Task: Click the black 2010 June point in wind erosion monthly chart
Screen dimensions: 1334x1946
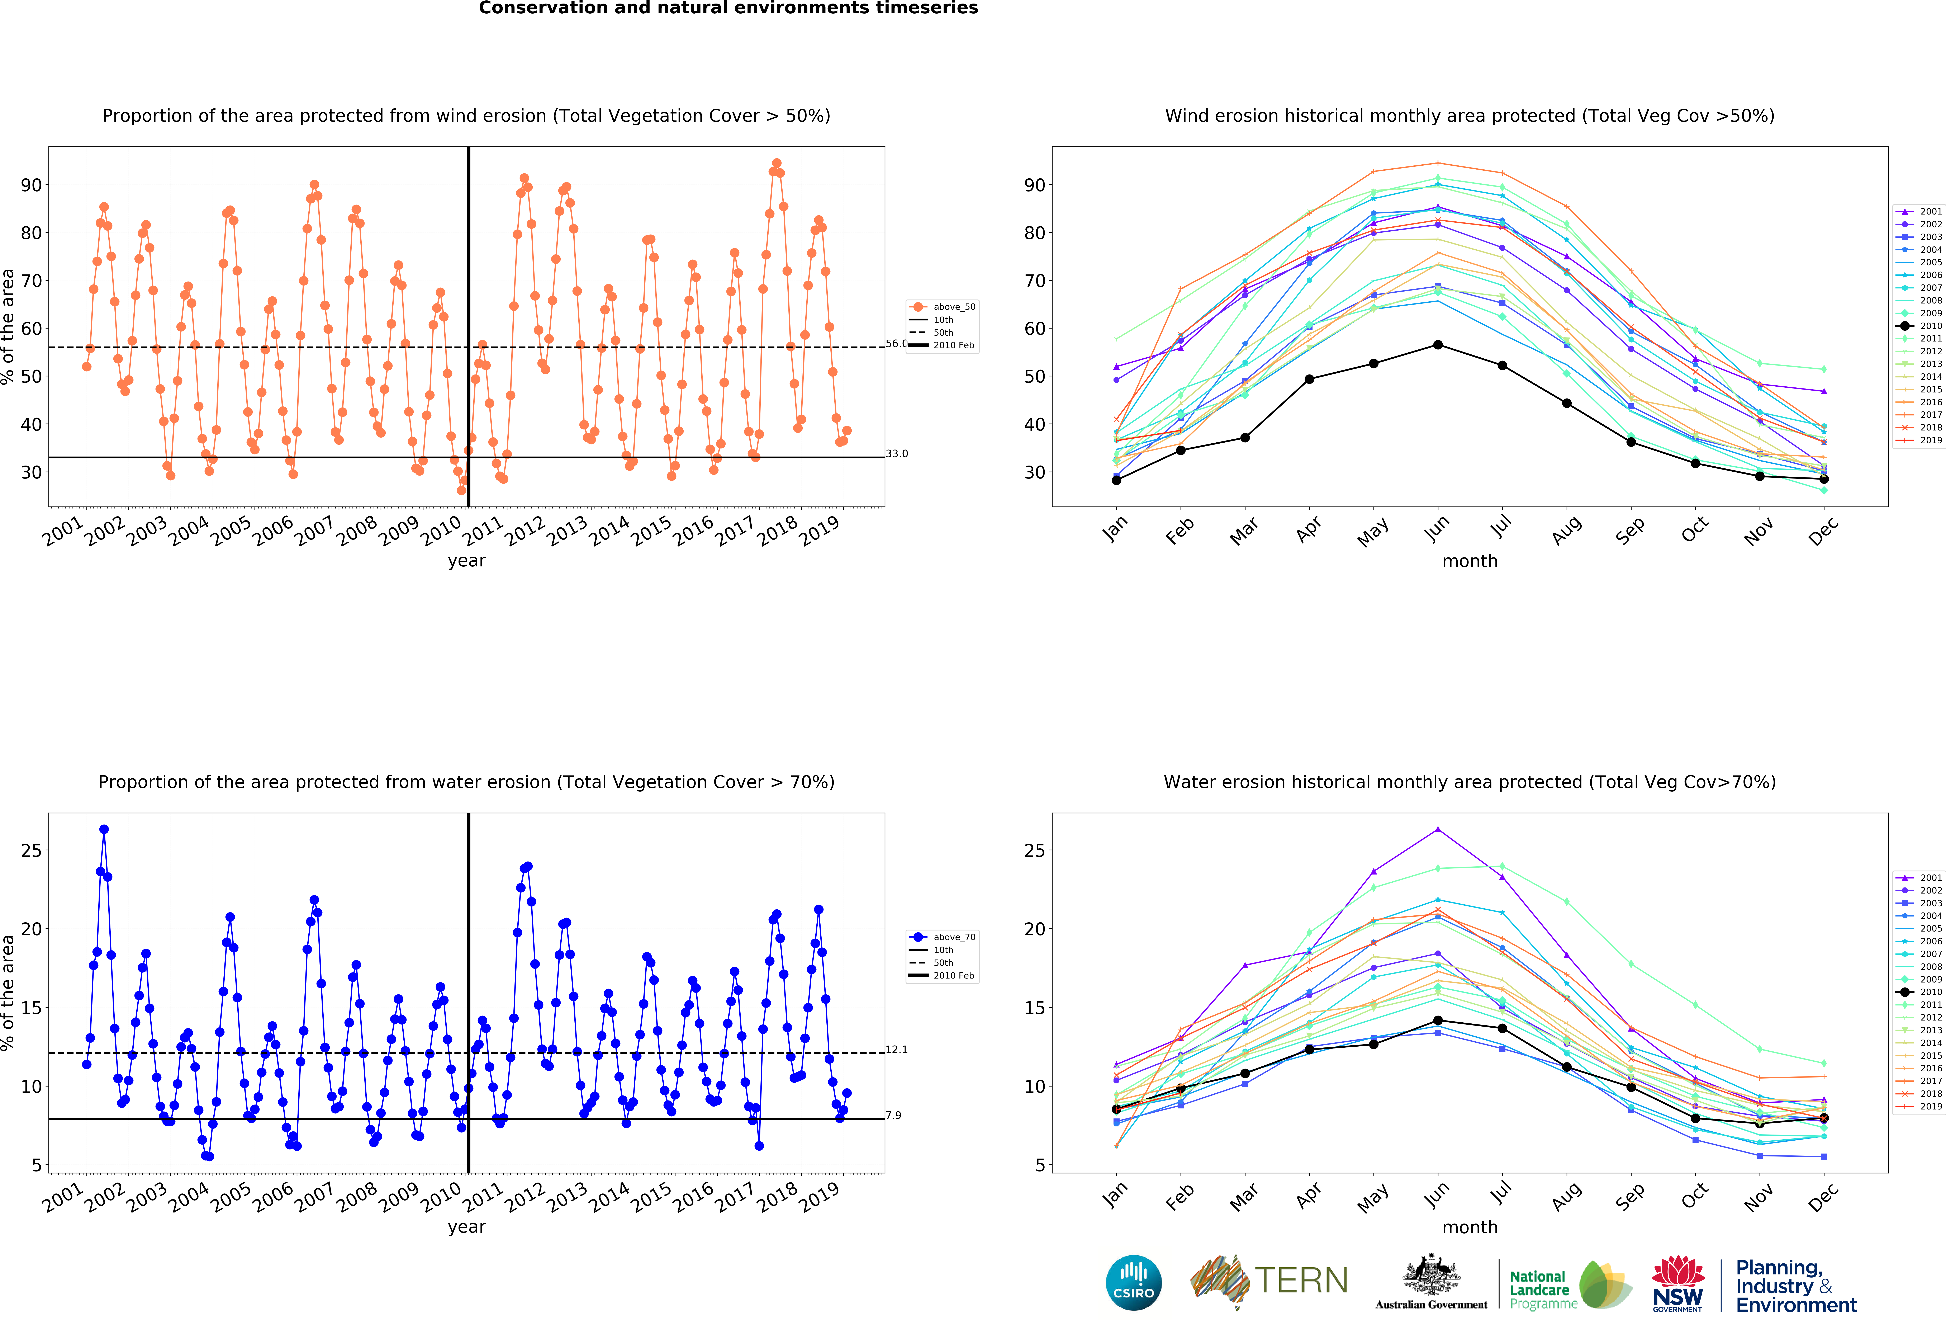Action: [1438, 345]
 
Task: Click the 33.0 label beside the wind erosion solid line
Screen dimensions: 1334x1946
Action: [897, 454]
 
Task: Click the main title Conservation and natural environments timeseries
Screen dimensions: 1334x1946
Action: [728, 8]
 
